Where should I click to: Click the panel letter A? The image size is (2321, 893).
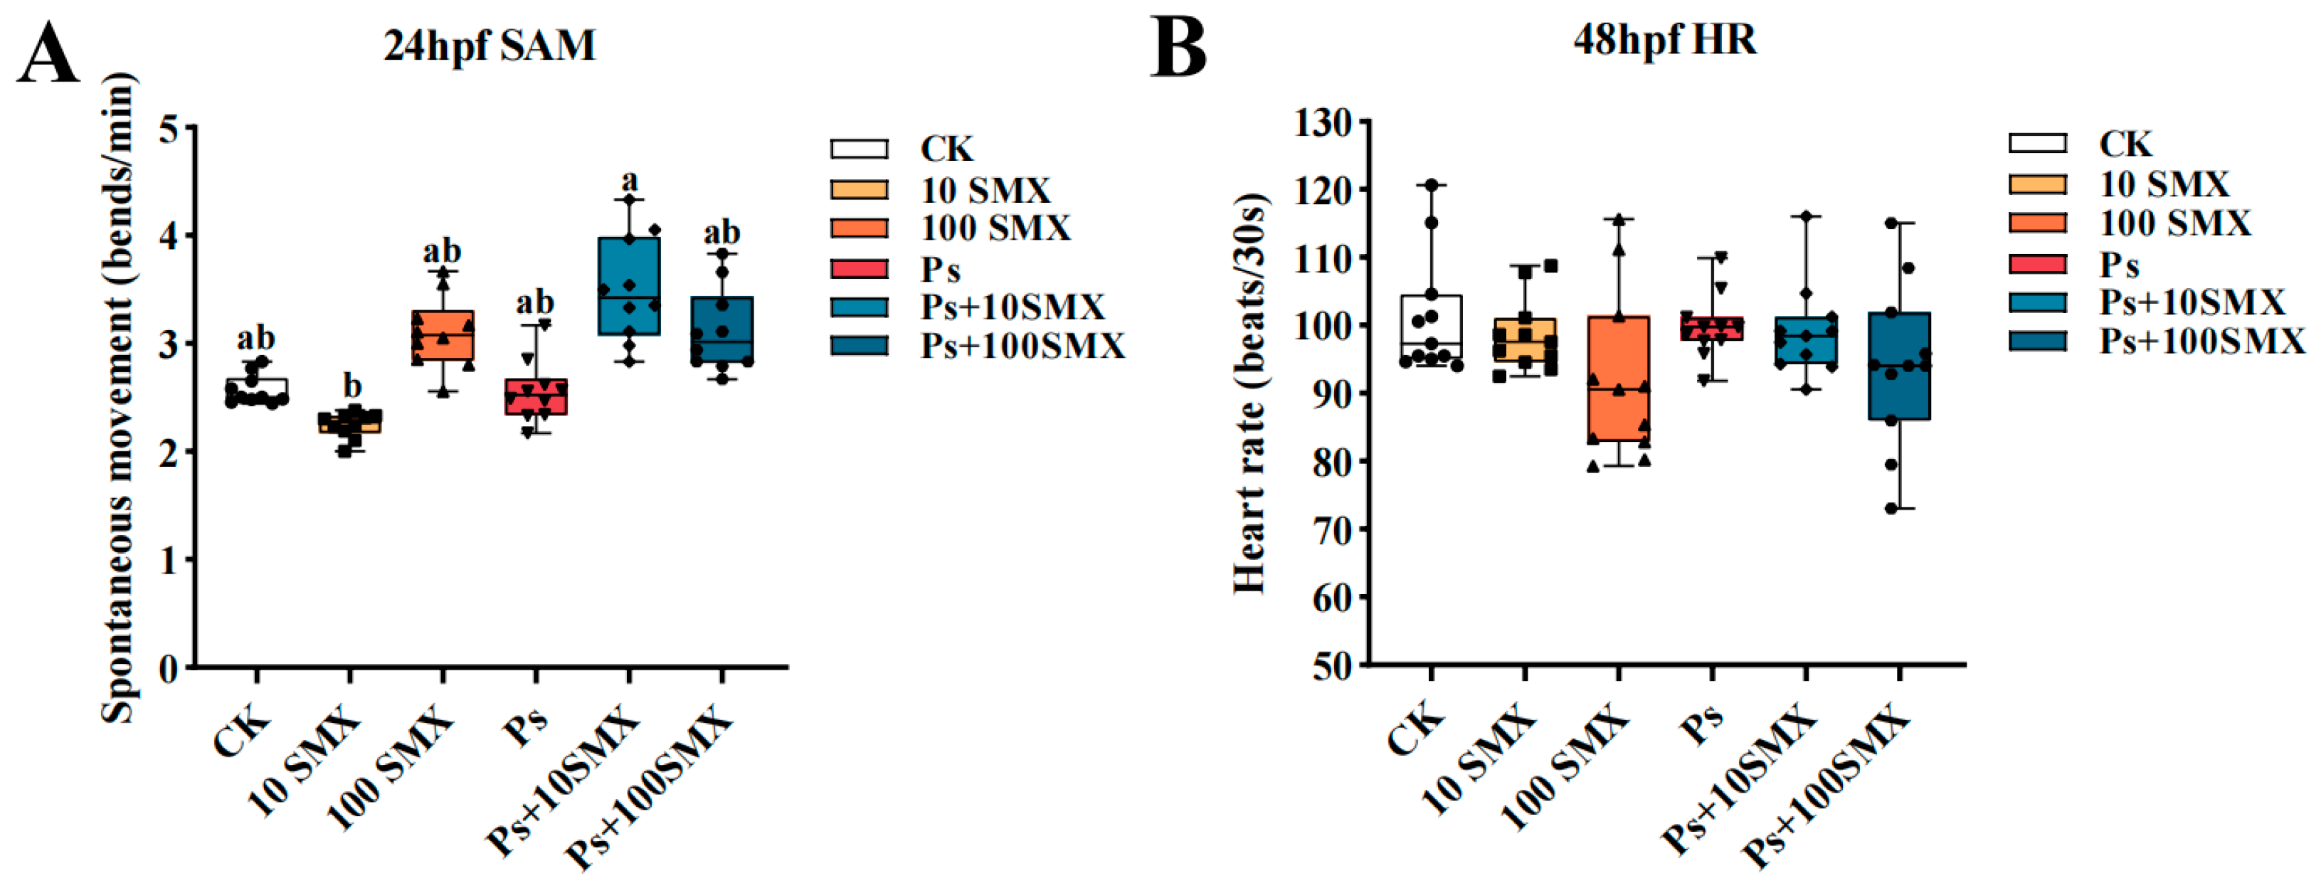[x=50, y=54]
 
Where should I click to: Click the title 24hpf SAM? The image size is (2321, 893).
[x=490, y=45]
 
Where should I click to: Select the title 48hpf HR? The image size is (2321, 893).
[x=1664, y=40]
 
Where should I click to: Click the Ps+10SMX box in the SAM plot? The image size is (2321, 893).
[x=629, y=285]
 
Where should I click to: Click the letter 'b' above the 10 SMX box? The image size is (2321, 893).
[x=351, y=386]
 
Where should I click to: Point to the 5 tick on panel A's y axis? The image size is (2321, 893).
[x=169, y=128]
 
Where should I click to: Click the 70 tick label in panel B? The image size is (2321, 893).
[x=1332, y=530]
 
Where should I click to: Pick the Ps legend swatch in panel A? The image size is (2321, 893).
[x=859, y=268]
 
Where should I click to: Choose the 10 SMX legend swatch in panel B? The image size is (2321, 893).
[x=2037, y=184]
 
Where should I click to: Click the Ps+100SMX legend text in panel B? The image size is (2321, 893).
[x=2201, y=341]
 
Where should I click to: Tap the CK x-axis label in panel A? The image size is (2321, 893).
[x=240, y=734]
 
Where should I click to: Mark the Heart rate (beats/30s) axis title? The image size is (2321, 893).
[x=1251, y=393]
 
